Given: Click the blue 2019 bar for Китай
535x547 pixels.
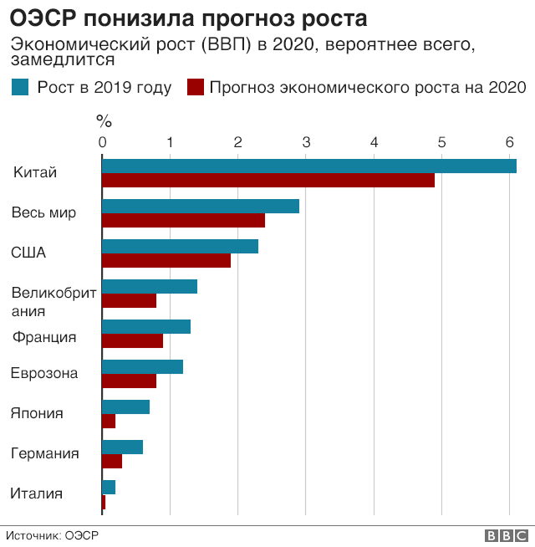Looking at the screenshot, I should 308,166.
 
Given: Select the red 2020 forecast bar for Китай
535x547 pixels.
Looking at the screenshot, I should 267,181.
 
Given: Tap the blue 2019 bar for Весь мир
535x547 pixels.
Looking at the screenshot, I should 200,206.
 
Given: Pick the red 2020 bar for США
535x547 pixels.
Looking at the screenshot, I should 166,261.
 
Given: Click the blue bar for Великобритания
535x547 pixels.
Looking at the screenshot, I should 149,286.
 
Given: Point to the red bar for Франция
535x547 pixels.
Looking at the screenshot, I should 132,341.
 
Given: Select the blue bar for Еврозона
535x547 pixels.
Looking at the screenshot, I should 142,366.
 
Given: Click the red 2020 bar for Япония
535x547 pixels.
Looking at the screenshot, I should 109,422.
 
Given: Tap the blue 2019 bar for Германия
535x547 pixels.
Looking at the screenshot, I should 122,447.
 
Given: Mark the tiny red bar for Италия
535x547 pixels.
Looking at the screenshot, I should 104,502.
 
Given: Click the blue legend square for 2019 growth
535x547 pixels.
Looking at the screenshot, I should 20,87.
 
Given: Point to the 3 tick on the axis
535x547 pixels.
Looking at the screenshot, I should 306,141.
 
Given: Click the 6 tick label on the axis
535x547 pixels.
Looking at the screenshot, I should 510,141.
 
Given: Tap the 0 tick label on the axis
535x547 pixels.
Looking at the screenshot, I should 102,141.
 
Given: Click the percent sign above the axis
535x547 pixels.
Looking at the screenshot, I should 104,120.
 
